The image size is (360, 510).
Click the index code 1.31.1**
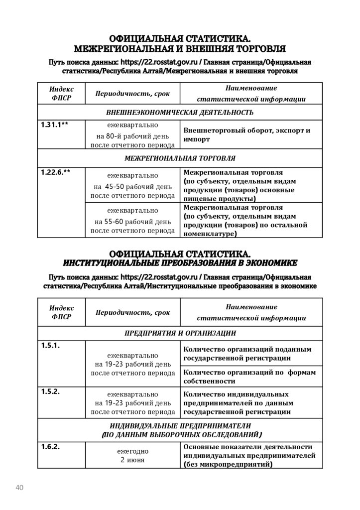tap(55, 125)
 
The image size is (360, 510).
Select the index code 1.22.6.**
tap(56, 172)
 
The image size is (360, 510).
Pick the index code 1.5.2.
tap(50, 391)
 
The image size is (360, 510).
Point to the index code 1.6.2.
tap(50, 447)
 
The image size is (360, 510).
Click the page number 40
tap(20, 487)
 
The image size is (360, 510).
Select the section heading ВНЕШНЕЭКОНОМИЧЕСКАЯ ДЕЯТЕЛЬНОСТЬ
tap(180, 112)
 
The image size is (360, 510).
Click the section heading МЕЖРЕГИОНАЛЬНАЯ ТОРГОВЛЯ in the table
tap(180, 158)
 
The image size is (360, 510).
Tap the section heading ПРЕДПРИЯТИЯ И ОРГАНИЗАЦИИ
tap(180, 333)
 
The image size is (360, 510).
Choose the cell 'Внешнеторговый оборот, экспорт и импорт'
tap(247, 135)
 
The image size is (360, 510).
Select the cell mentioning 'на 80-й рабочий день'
tap(132, 135)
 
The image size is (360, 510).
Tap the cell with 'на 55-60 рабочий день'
tap(132, 220)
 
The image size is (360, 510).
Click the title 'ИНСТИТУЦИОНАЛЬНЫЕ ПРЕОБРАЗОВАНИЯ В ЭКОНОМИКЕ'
tap(180, 262)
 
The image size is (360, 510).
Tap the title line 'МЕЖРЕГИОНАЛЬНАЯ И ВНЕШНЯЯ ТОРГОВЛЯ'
tap(180, 48)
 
